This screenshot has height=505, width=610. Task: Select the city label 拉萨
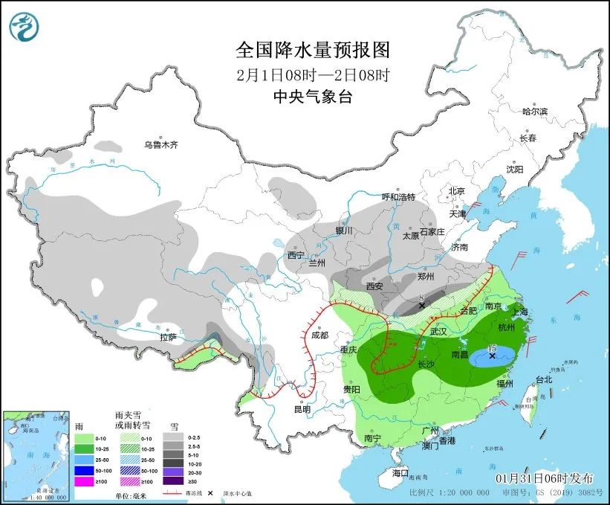pyautogui.click(x=168, y=337)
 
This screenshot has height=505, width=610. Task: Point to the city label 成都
pyautogui.click(x=320, y=335)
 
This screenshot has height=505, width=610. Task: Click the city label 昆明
pyautogui.click(x=302, y=408)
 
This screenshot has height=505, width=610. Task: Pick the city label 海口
pyautogui.click(x=400, y=473)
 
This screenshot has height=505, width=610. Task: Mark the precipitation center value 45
pyautogui.click(x=491, y=348)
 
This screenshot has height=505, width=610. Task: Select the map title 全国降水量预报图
pyautogui.click(x=312, y=50)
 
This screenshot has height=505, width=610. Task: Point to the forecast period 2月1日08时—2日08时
pyautogui.click(x=312, y=74)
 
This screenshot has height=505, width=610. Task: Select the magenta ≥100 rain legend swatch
pyautogui.click(x=85, y=481)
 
